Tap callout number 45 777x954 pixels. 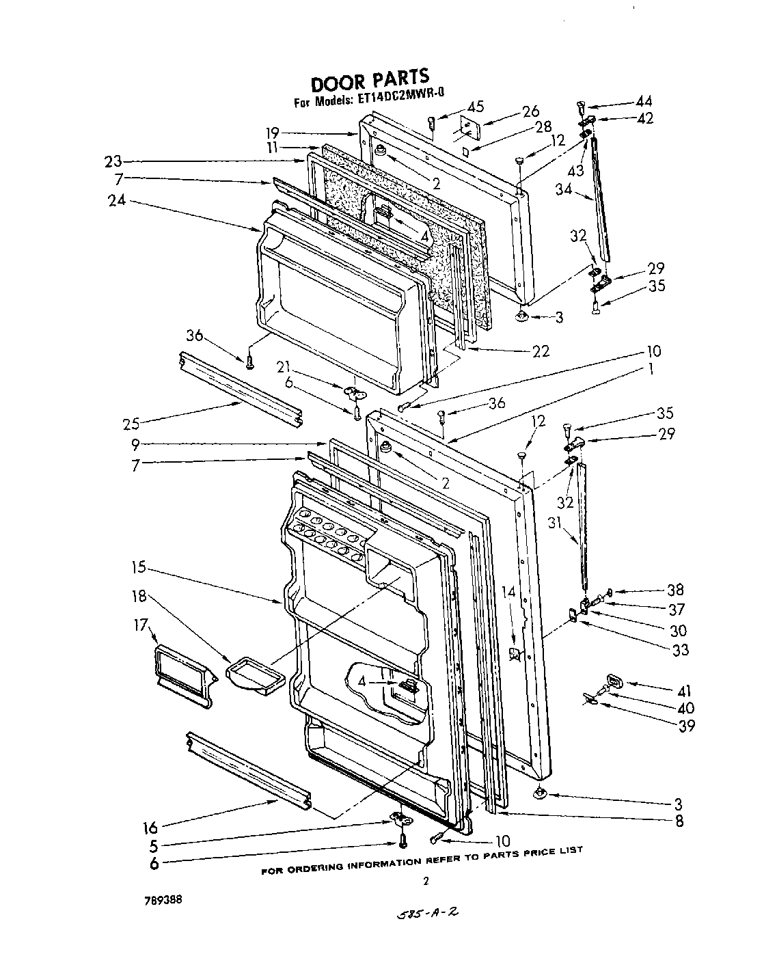[x=476, y=106]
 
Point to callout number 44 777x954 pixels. [x=643, y=101]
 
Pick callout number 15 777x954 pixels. [x=140, y=567]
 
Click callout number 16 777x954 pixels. [x=150, y=828]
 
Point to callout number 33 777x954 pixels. [x=680, y=650]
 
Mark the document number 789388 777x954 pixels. [x=163, y=901]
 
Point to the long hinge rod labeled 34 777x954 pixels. [x=600, y=198]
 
